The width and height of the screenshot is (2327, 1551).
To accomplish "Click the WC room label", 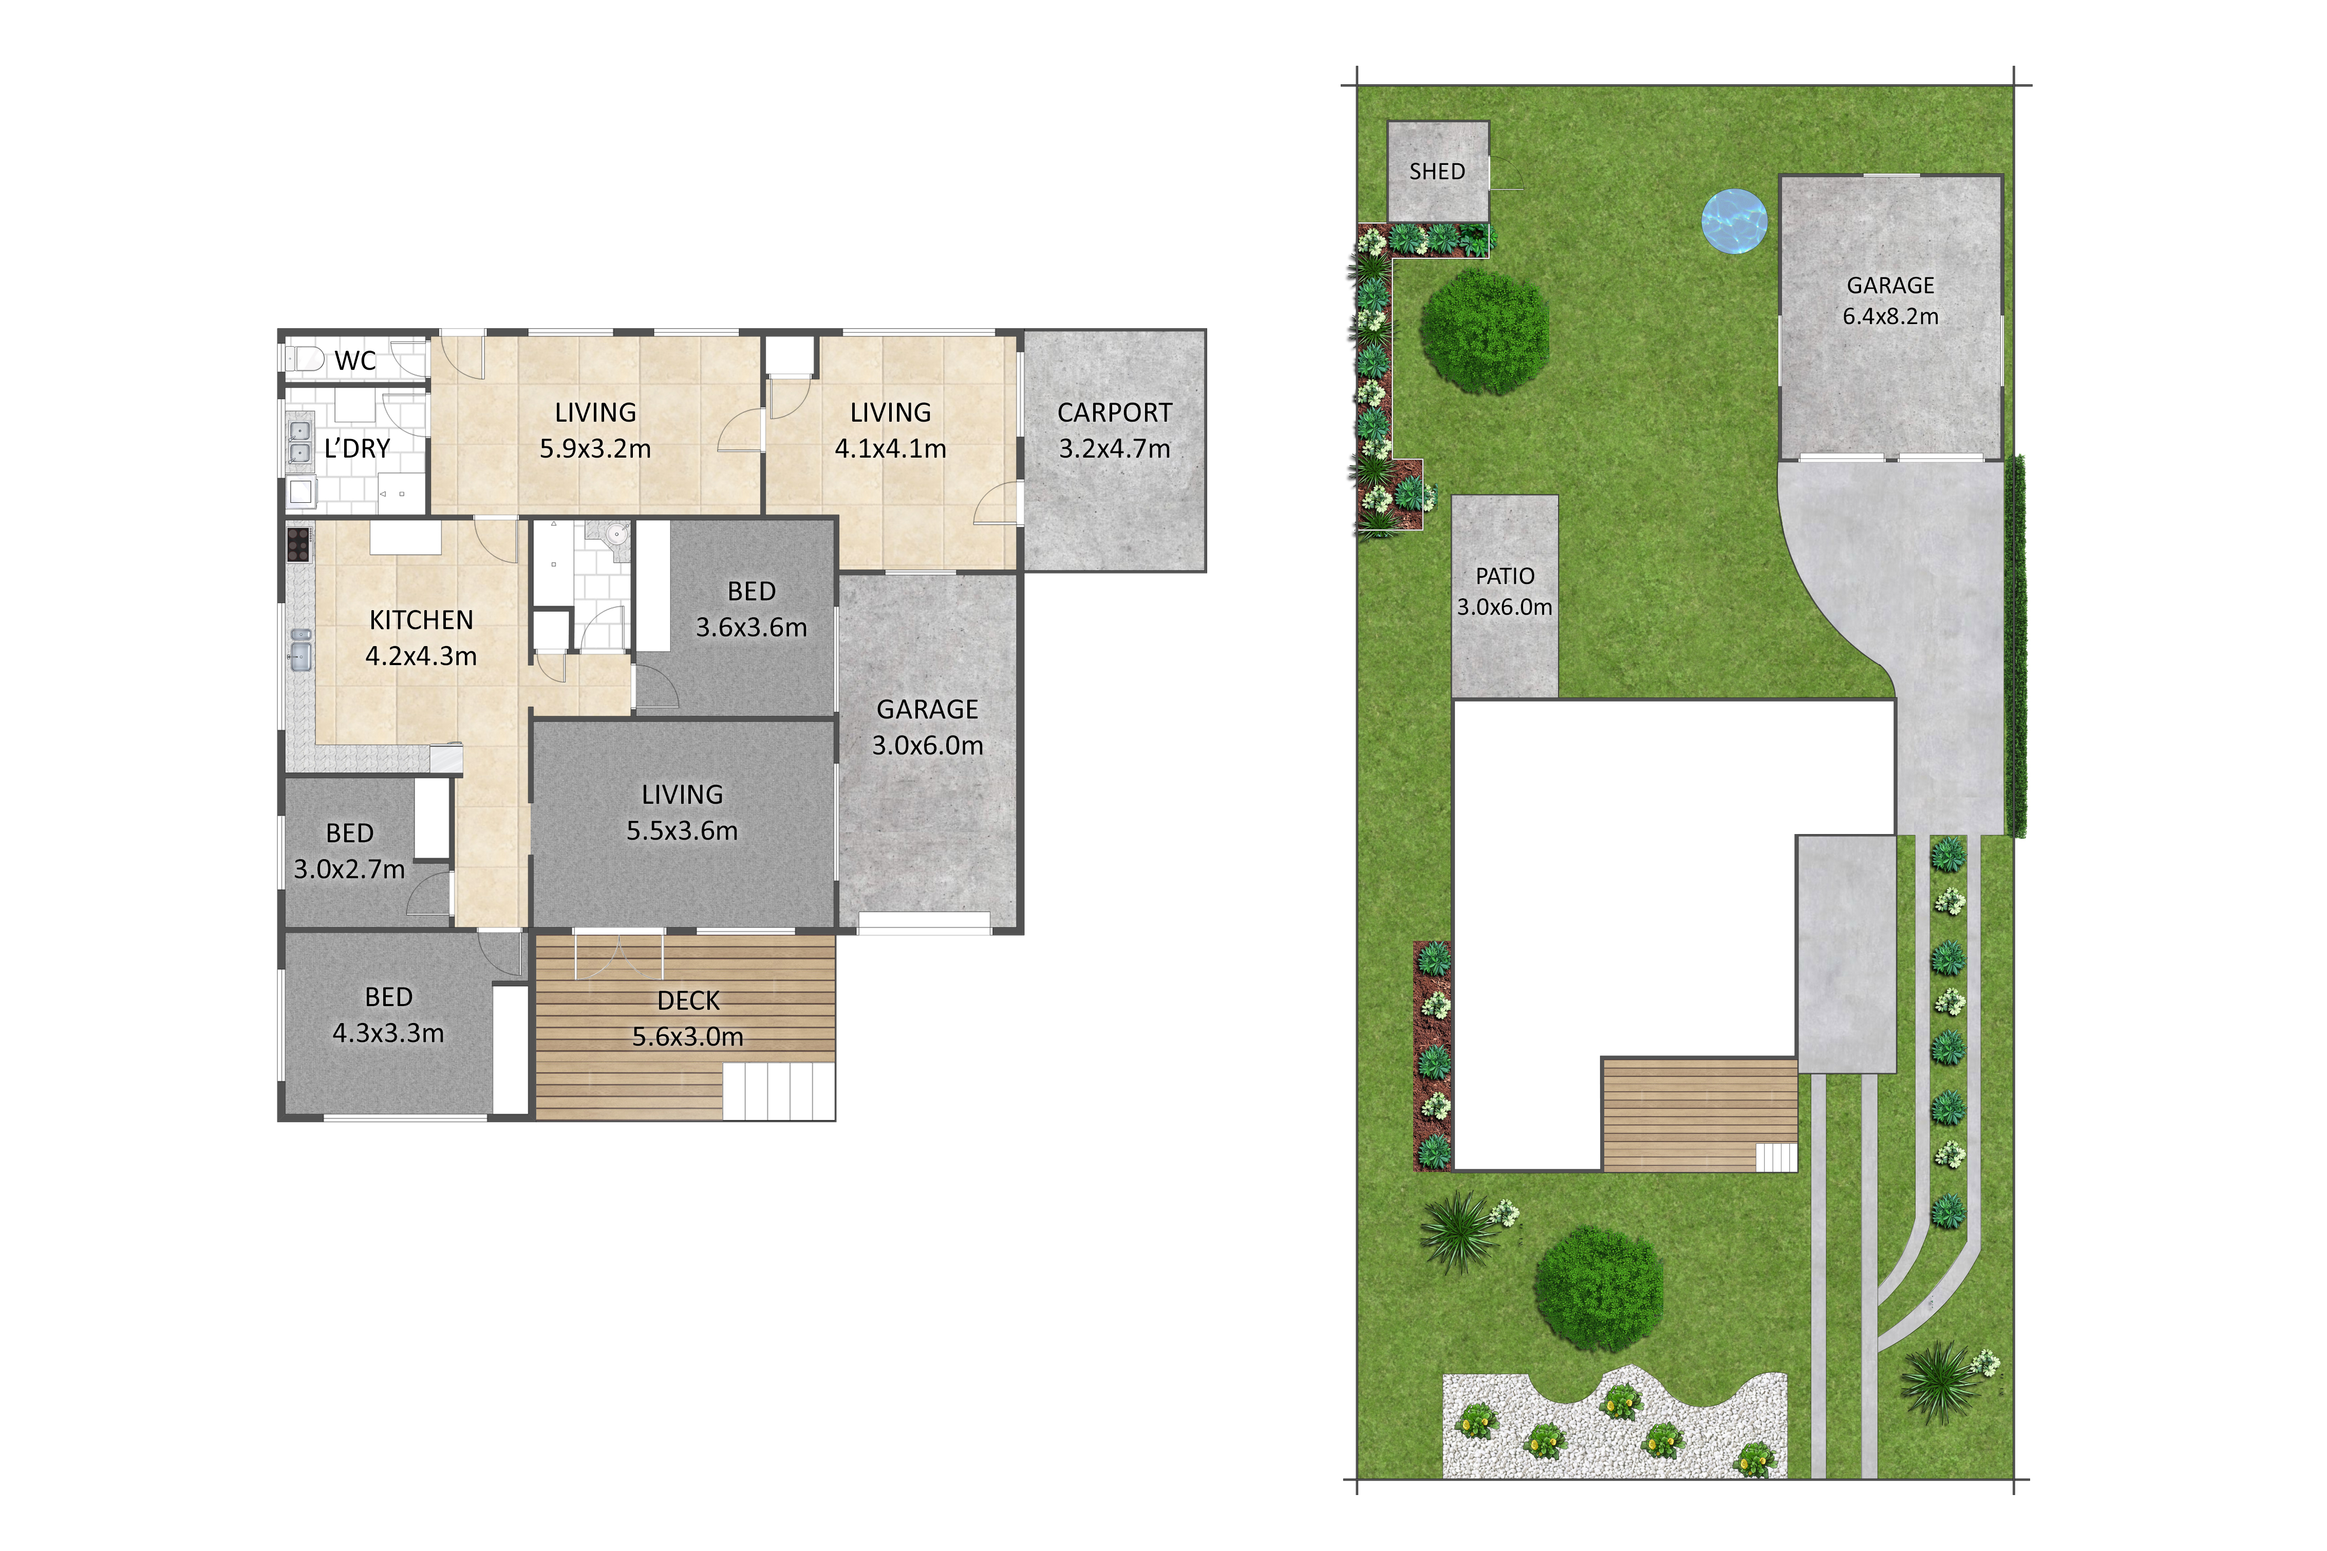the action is [355, 361].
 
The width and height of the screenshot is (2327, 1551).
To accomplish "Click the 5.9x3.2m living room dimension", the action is [595, 449].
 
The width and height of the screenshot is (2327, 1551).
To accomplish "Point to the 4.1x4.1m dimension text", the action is [890, 449].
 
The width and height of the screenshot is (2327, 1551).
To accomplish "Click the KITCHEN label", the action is [421, 620].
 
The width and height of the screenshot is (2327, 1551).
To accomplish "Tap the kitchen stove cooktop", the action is [298, 544].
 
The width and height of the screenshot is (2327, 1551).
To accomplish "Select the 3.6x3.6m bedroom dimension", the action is [752, 627].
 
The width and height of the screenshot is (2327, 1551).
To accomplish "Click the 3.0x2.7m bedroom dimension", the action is [349, 869].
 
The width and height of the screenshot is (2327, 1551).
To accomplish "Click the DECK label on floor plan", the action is [689, 1001].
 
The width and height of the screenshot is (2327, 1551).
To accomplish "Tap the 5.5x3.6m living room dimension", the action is [683, 831].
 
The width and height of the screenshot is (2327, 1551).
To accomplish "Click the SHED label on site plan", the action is [1438, 171].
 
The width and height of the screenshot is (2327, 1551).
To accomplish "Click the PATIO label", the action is [1505, 576].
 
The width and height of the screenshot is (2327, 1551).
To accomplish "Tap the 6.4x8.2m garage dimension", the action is [1891, 316].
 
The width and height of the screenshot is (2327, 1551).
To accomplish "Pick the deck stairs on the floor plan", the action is [779, 1091].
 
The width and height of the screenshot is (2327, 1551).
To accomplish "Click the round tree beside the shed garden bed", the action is [1485, 332].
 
